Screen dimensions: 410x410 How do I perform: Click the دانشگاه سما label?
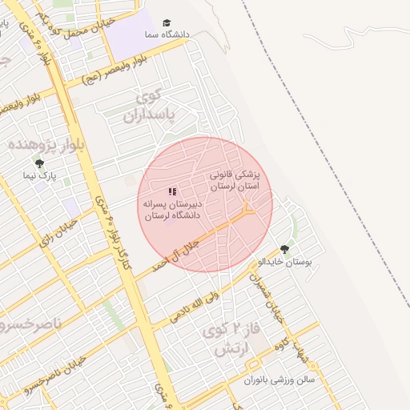pos(167,35)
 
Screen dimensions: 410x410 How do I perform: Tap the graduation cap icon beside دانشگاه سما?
pos(167,23)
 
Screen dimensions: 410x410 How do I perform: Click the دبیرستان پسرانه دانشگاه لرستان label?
pos(172,210)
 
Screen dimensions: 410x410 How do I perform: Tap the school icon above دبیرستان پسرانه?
pos(172,192)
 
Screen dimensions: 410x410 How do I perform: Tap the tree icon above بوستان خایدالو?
pos(285,249)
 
